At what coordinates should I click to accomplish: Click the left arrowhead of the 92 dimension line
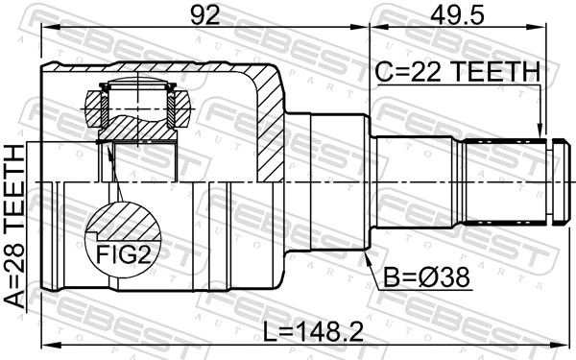pos(46,30)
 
